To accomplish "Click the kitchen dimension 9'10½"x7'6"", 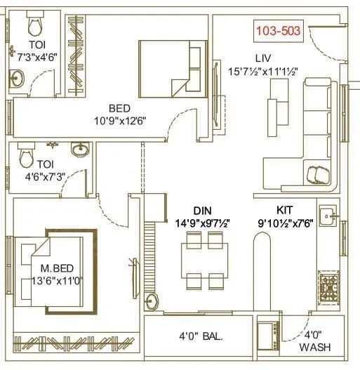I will point(286,223).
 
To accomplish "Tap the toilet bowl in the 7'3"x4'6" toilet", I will point(32,27).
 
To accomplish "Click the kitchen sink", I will point(328,217).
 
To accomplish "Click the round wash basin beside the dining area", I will point(152,302).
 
